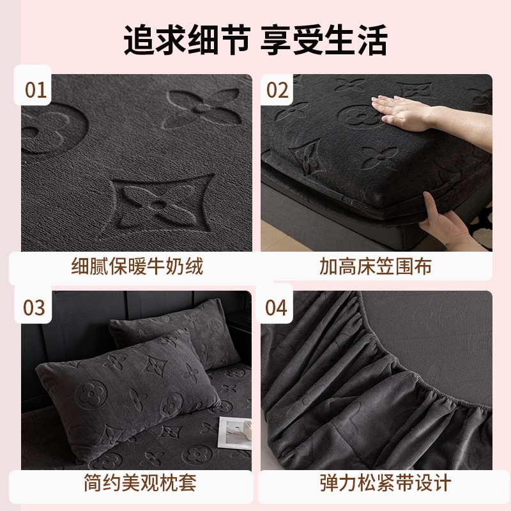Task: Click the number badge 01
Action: pos(36,89)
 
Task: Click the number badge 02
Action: pos(277,89)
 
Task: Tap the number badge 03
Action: pos(36,307)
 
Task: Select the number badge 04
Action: pos(277,307)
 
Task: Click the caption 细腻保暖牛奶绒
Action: pos(137,266)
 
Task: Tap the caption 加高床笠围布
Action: pos(376,266)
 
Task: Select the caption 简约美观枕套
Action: pos(137,483)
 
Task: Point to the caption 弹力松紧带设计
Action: pos(376,483)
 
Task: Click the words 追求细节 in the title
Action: pos(185,40)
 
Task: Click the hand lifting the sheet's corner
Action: pos(447,220)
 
